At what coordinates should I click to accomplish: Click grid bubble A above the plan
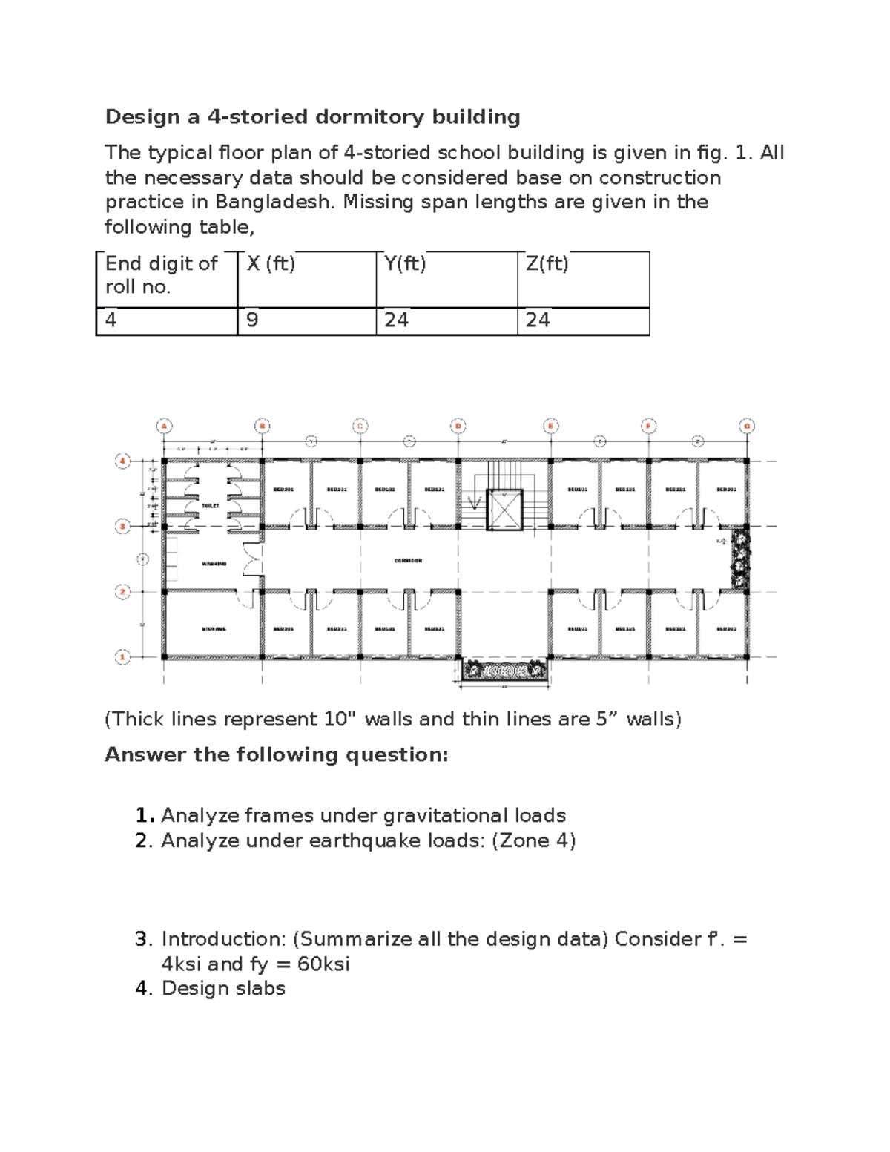click(164, 426)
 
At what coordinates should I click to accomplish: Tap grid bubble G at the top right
click(747, 426)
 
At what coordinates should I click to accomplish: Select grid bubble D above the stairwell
click(458, 426)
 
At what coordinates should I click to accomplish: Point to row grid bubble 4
click(122, 461)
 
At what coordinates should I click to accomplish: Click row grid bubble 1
click(122, 657)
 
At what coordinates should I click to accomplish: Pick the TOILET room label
click(211, 505)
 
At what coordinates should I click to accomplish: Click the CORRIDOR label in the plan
click(408, 561)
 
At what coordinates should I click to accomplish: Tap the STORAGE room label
click(214, 629)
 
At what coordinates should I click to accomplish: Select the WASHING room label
click(214, 564)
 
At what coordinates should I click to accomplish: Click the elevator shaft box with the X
click(505, 510)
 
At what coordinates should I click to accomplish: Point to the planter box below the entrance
click(504, 671)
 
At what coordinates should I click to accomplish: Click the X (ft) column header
click(271, 263)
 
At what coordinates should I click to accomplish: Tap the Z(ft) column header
click(547, 263)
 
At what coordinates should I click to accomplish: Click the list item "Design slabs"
click(223, 988)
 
